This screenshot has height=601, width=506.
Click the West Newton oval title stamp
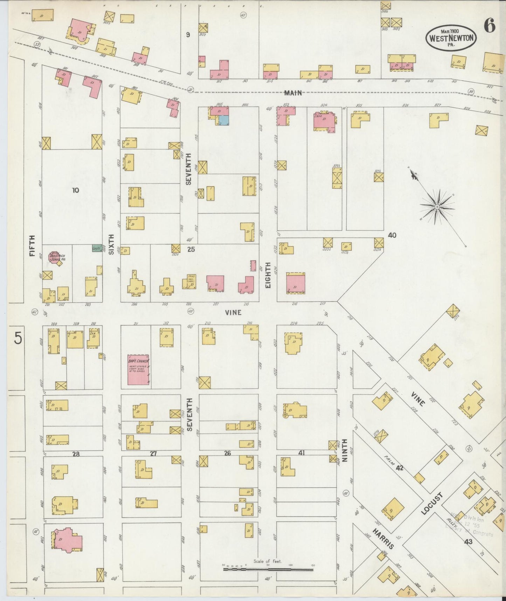[451, 38]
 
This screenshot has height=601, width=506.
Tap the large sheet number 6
[490, 26]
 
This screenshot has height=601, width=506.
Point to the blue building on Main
[223, 120]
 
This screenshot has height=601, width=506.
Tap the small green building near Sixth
[96, 248]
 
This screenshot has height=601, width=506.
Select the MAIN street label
[293, 93]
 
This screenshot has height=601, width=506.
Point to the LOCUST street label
[432, 504]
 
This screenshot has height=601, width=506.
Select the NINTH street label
[345, 450]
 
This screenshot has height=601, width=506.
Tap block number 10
[75, 190]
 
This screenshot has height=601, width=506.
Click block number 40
[392, 235]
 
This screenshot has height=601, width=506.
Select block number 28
[76, 454]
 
